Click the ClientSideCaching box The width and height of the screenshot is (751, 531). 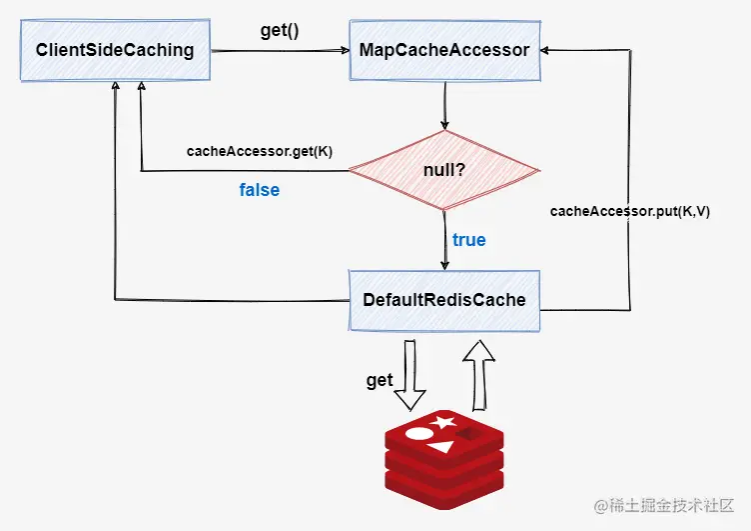pos(115,50)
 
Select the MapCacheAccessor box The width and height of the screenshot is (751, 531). pos(445,50)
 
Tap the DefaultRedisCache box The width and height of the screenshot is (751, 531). pos(444,300)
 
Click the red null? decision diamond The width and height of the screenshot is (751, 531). pos(444,170)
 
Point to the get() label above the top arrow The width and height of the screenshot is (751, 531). pos(280,31)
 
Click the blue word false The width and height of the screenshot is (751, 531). pos(260,190)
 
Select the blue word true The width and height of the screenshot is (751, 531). pos(469,240)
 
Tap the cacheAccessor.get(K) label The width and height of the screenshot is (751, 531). pos(260,151)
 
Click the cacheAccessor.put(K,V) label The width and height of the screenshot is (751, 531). pos(630,212)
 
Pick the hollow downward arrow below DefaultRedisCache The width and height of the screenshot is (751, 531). pos(410,375)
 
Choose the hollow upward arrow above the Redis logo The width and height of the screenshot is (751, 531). pos(479,375)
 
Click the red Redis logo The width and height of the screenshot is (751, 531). pos(444,459)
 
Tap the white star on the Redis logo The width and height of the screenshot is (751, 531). pos(443,422)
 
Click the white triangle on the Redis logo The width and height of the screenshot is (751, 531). pos(440,447)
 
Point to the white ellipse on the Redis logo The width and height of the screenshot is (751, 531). pos(419,433)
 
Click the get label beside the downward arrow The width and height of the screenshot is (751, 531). pos(379,380)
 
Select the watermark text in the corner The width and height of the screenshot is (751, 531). pos(664,505)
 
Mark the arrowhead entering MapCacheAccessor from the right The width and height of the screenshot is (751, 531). pos(544,50)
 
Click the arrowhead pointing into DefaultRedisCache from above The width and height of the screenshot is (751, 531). pos(444,265)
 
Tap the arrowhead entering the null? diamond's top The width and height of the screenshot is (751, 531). pos(445,125)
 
